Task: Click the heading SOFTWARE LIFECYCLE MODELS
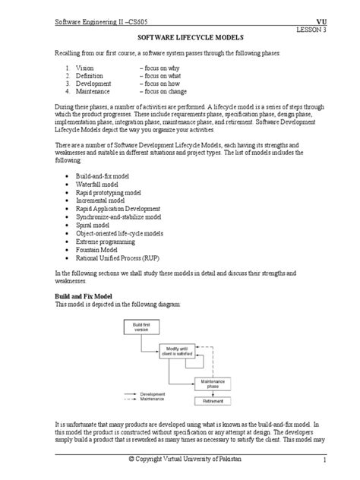tap(179, 36)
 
